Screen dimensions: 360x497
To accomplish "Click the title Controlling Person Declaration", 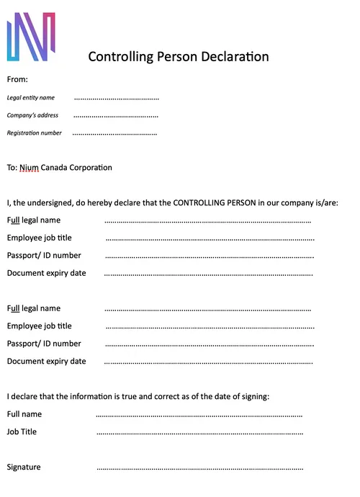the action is [x=179, y=57].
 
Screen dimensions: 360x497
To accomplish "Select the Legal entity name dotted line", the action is [x=116, y=98].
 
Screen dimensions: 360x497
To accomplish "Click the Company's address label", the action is [x=32, y=115].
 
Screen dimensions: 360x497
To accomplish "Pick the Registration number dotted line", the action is [x=114, y=133].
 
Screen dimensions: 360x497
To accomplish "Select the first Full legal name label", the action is [x=34, y=220].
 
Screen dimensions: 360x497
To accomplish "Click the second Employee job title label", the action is [x=40, y=326].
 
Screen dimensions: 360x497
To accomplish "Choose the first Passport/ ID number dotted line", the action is [x=210, y=256].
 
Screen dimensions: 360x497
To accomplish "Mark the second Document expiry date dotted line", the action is [x=208, y=362].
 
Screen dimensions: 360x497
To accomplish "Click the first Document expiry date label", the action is [x=47, y=273].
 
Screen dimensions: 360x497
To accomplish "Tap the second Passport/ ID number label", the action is [x=44, y=344].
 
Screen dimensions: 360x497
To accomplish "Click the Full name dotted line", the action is [x=199, y=415].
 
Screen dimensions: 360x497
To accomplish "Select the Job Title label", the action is [x=22, y=432].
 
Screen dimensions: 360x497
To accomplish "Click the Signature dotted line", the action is [x=199, y=467].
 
